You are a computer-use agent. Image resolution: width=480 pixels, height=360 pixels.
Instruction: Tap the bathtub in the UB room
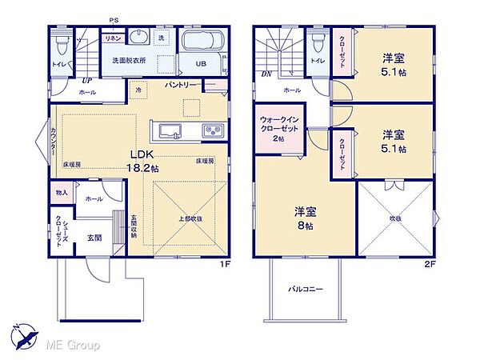click(202, 42)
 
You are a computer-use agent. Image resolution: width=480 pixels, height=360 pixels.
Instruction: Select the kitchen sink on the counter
click(170, 130)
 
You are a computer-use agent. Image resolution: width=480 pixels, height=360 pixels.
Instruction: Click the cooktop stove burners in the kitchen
click(212, 130)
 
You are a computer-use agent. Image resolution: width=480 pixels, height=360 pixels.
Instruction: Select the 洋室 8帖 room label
click(305, 218)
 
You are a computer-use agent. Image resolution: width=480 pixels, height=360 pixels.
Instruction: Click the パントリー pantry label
click(182, 84)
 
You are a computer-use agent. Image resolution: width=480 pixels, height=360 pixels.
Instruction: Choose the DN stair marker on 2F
click(267, 74)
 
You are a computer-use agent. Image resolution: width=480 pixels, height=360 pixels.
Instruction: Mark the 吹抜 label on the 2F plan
click(394, 217)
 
